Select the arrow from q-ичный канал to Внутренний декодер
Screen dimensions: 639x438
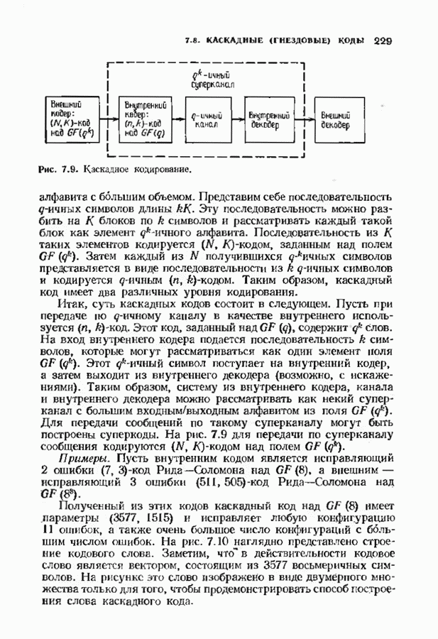point(238,119)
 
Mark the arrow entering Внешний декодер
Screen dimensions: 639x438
point(305,119)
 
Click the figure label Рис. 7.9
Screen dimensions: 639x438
point(58,170)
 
